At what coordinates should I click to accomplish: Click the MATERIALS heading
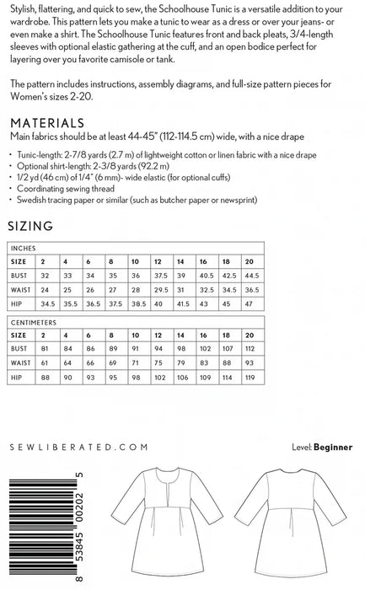46,122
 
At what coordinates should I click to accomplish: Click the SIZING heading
31,226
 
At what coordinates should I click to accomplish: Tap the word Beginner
334,448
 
